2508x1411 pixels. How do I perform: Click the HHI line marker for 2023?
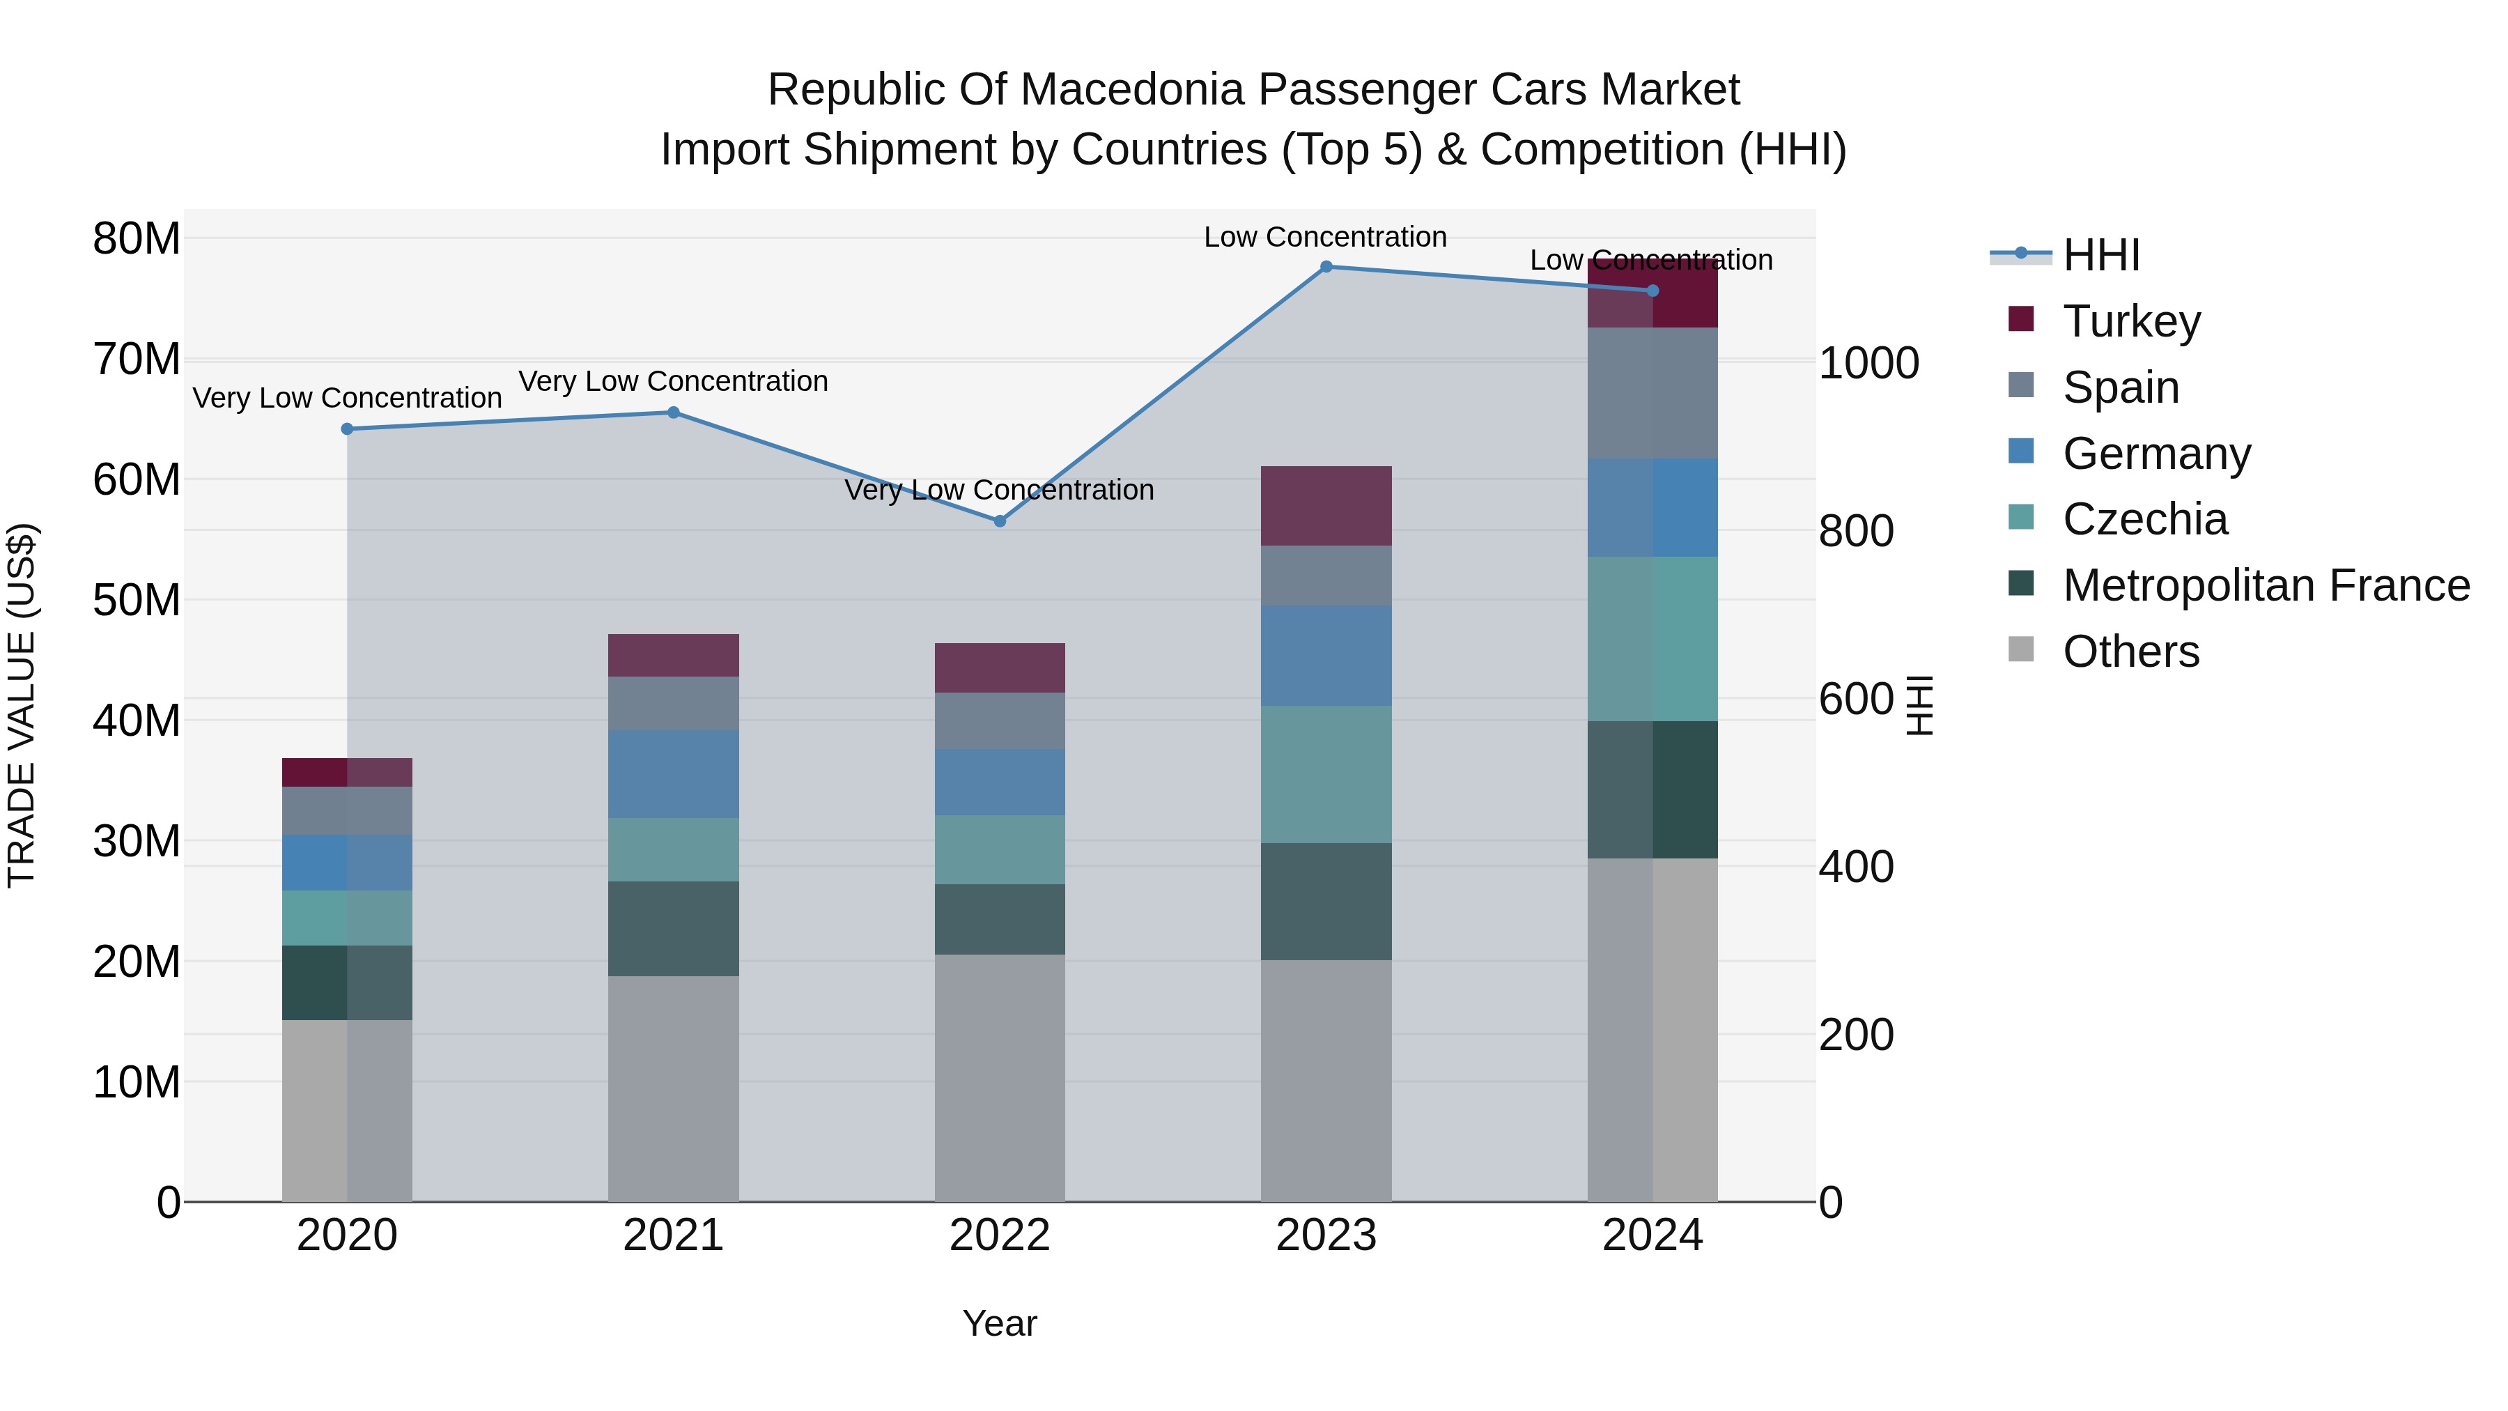click(x=1325, y=267)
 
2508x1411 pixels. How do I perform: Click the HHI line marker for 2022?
click(x=999, y=521)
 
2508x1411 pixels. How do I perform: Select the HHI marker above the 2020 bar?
click(x=347, y=429)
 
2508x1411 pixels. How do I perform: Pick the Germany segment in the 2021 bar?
click(x=673, y=774)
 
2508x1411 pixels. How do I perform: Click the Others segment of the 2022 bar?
click(x=999, y=1077)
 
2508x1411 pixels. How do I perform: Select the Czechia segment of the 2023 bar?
click(x=1325, y=774)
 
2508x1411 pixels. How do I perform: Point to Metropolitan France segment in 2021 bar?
click(x=673, y=928)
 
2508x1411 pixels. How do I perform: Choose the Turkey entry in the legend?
click(x=2130, y=321)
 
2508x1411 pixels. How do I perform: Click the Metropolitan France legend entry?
click(x=2265, y=585)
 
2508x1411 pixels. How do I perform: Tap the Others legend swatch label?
click(x=2130, y=651)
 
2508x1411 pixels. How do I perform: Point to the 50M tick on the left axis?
click(x=137, y=600)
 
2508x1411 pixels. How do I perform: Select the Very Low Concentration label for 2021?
click(x=673, y=380)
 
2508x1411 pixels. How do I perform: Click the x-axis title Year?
click(x=999, y=1323)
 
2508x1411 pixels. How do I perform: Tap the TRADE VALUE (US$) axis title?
click(x=22, y=705)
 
